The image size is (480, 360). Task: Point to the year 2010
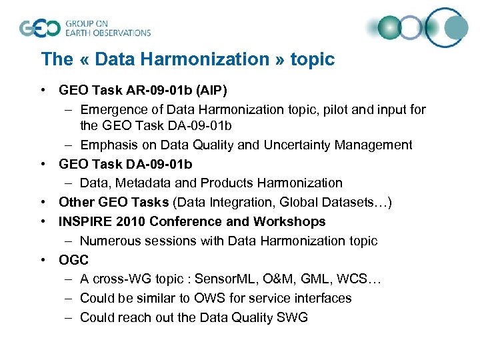129,221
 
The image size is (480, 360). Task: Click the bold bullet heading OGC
73,260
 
